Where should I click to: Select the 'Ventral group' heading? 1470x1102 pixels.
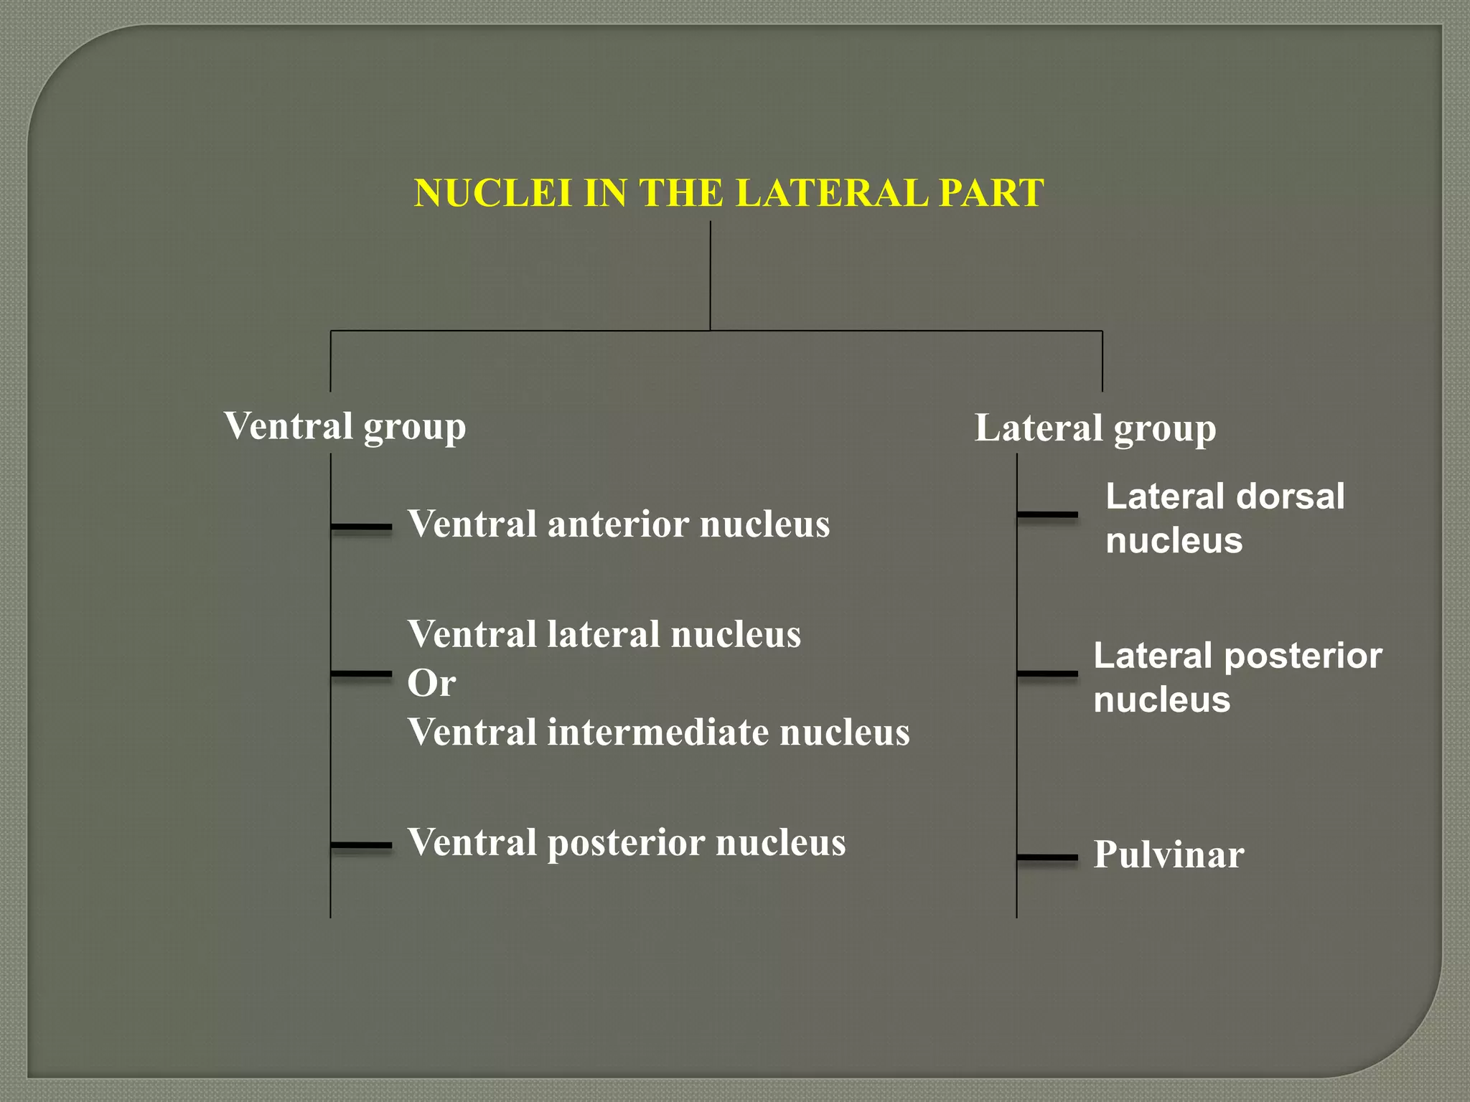pos(345,426)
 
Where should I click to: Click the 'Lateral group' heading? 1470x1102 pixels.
pos(1095,428)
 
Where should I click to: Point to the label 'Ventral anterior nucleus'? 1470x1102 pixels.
pos(619,524)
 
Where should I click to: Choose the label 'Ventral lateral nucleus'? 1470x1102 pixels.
pos(604,634)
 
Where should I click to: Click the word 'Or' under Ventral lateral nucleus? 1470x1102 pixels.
pos(431,682)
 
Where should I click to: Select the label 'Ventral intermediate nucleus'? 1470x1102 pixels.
pos(658,733)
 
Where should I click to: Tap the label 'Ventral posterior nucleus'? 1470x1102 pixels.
pos(627,842)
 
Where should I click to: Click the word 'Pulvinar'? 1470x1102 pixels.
pos(1169,854)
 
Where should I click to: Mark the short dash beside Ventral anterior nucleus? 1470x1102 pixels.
pos(362,527)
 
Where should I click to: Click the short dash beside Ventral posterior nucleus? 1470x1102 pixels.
pos(362,845)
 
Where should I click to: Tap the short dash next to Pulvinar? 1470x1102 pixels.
pos(1048,857)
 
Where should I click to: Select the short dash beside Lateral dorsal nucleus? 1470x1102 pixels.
pos(1048,514)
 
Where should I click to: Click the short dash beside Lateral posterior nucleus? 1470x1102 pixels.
pos(1048,674)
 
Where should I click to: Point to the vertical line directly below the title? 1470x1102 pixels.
pos(711,276)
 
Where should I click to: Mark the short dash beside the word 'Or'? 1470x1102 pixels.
pos(362,674)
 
